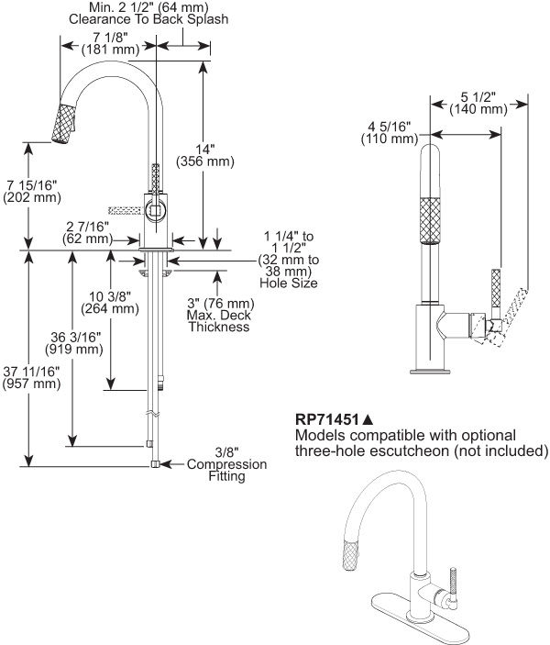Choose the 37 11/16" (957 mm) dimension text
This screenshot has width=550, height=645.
point(31,377)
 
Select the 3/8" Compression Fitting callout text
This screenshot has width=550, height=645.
point(227,464)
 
